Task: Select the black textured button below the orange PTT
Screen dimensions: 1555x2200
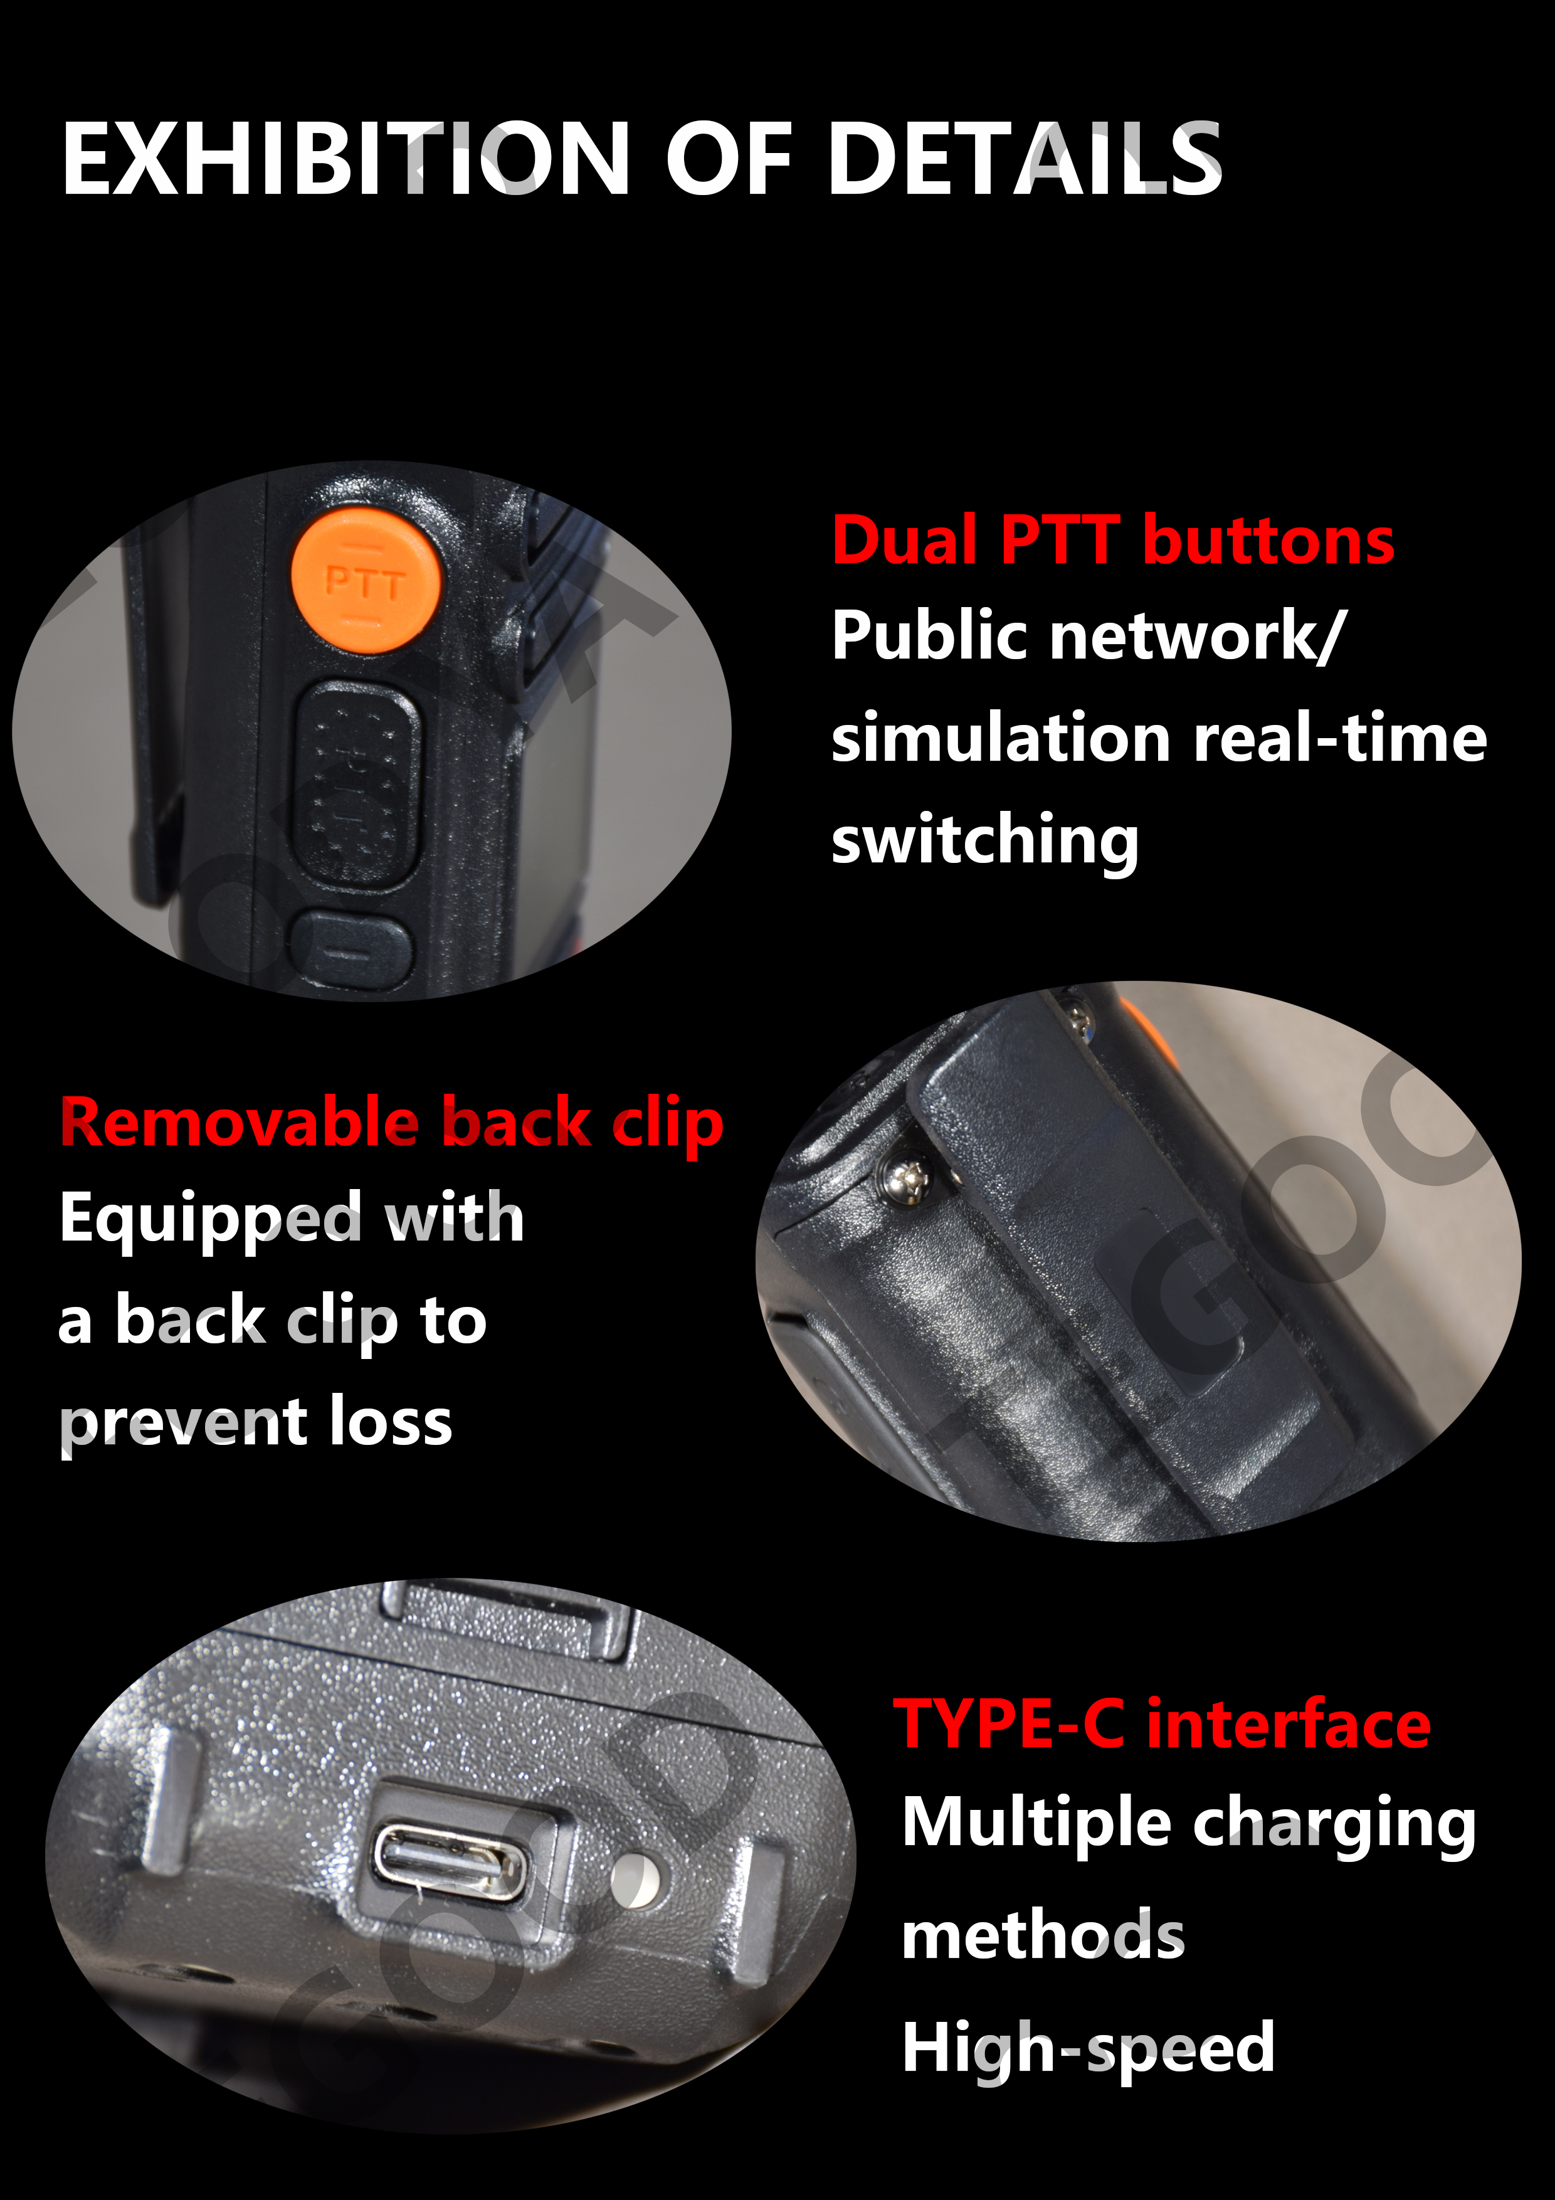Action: point(356,785)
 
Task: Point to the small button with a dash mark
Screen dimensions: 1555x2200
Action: point(351,951)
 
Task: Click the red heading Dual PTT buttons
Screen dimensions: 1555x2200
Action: point(1112,541)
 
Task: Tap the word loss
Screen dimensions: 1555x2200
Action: point(391,1421)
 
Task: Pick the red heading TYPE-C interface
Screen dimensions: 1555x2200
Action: point(1162,1725)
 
